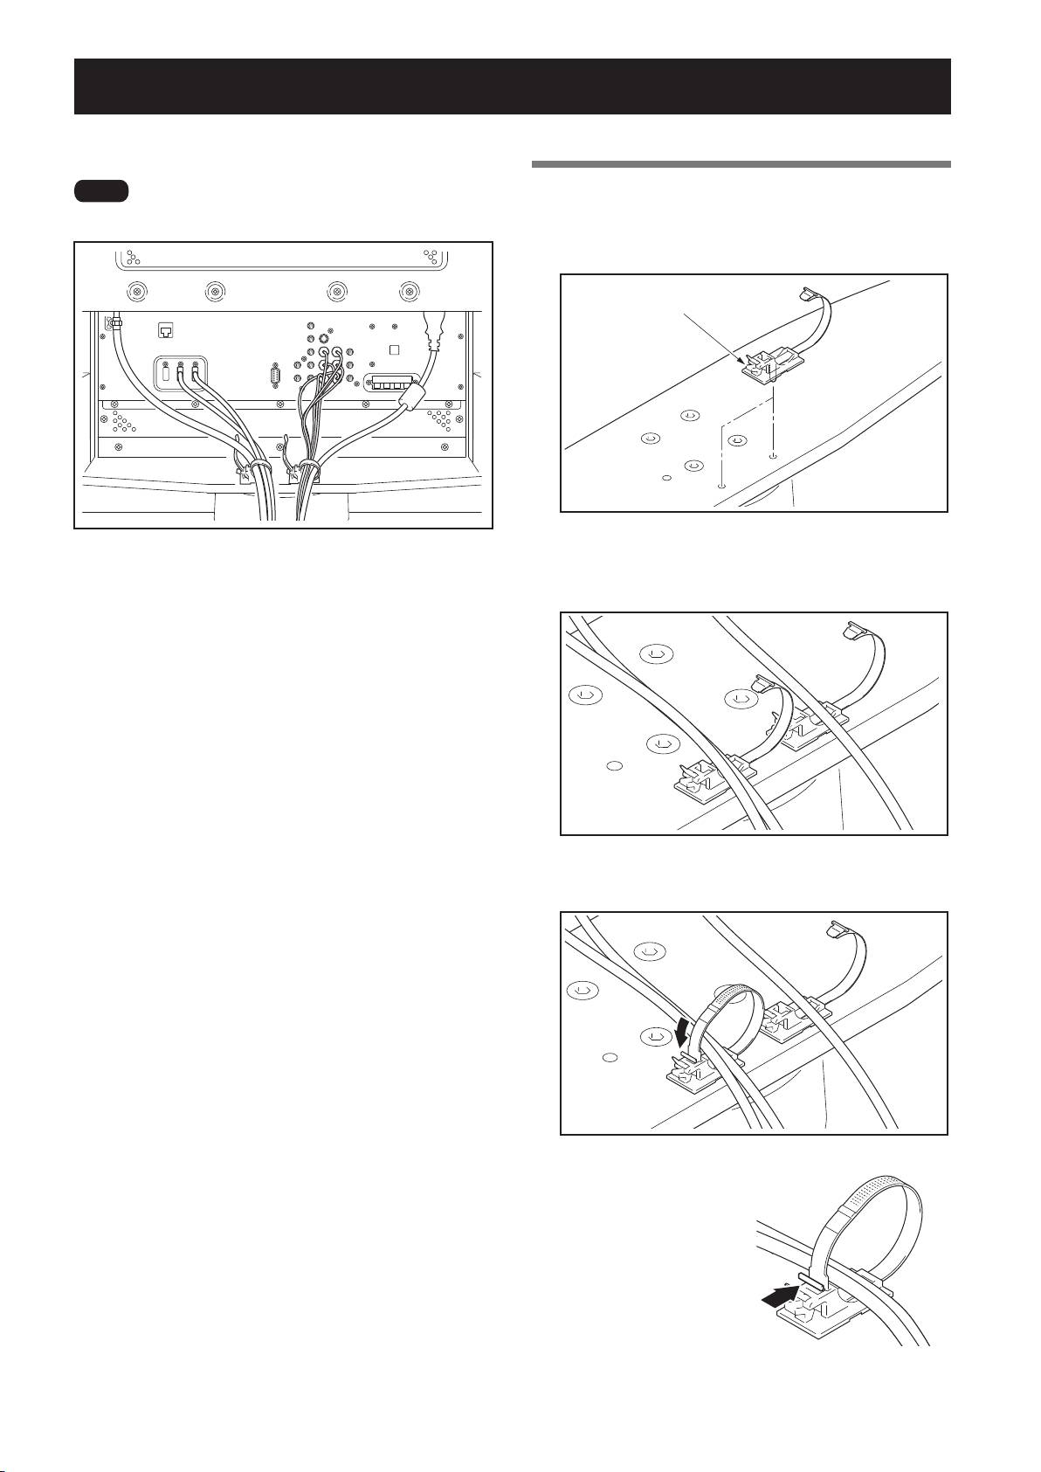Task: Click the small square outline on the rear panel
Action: (394, 349)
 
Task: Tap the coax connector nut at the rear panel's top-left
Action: (114, 323)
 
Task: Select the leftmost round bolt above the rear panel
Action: (137, 291)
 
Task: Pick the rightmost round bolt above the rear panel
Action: (409, 291)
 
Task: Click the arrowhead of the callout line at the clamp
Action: (743, 361)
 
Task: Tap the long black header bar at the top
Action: (512, 86)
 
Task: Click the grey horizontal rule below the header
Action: (741, 163)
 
